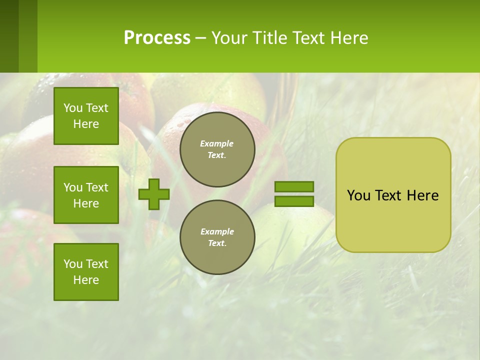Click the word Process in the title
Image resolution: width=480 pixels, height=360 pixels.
click(157, 38)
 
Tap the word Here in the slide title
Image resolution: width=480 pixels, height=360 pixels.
click(348, 38)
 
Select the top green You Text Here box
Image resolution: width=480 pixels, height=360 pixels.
click(86, 116)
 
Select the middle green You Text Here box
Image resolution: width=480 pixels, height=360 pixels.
click(86, 195)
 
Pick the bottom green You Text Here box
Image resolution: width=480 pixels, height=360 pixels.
click(86, 272)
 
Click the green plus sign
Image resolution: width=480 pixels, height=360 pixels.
click(154, 194)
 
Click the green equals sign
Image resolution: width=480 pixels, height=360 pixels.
click(294, 194)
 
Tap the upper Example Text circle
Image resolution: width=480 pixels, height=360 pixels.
click(217, 149)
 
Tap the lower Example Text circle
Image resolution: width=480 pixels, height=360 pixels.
click(217, 237)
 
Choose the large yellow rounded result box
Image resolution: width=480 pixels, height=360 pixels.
click(393, 195)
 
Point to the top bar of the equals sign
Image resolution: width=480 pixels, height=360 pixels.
click(294, 186)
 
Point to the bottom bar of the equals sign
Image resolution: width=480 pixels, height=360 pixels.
click(294, 201)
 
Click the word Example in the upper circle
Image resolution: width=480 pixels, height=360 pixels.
click(217, 143)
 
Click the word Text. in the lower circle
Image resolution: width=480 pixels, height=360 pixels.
click(217, 243)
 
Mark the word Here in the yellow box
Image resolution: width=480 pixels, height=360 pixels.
click(422, 195)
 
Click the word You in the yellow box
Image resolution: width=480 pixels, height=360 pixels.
click(358, 195)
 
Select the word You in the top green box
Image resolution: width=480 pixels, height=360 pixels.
click(73, 108)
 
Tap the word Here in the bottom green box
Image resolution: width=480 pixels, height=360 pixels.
click(86, 280)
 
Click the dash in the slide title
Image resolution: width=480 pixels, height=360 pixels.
click(200, 38)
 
